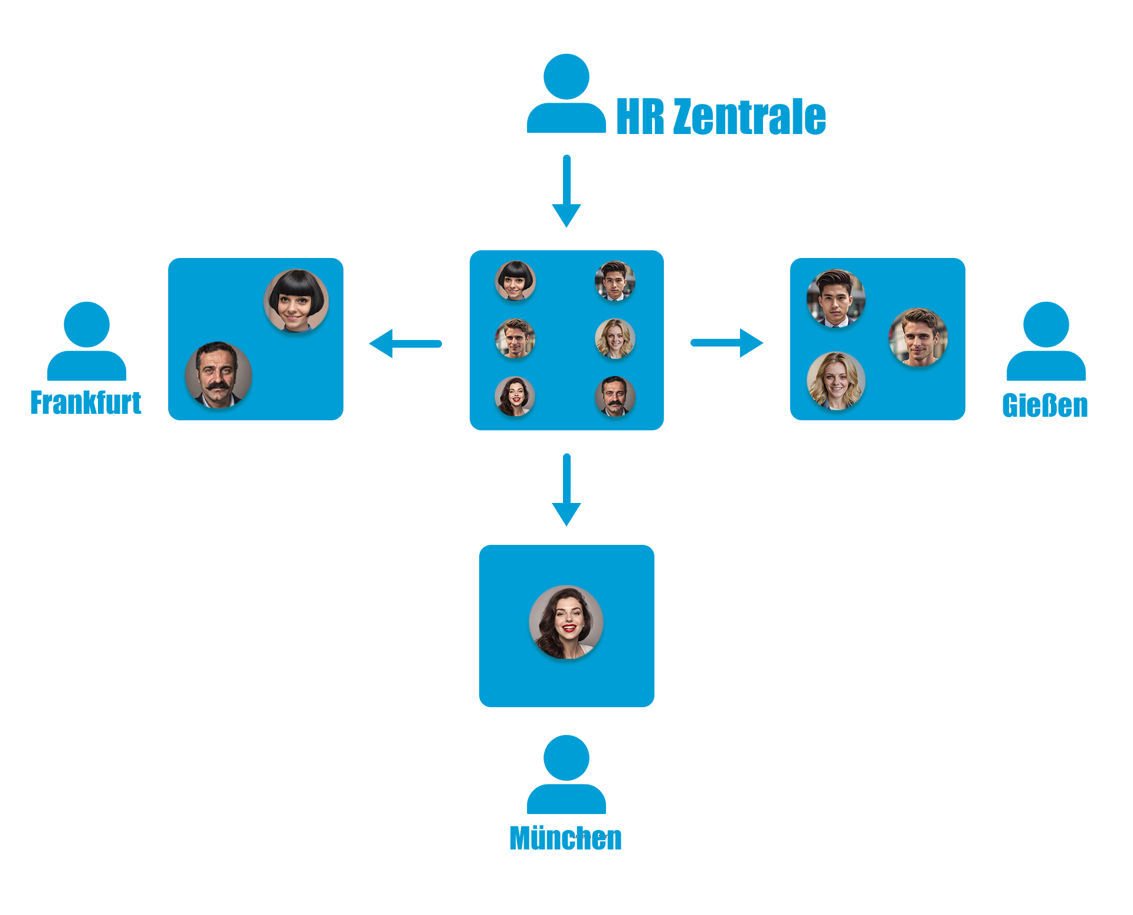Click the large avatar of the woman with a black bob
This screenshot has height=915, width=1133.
296,301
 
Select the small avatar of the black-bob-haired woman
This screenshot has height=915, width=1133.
515,280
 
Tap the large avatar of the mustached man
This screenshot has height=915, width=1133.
218,374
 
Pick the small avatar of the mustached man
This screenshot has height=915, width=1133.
615,396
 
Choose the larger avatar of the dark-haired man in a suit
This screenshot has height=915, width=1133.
836,298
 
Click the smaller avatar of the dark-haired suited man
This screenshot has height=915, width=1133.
615,280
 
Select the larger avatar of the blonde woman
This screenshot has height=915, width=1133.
836,381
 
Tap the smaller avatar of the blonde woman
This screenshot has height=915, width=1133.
615,338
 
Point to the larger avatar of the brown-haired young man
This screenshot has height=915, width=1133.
918,337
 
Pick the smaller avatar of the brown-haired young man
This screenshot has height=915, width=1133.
515,338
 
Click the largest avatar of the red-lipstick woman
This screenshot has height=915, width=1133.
566,622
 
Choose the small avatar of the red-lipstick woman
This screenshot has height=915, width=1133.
515,396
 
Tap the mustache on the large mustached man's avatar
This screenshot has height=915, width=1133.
218,385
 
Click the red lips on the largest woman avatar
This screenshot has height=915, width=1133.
569,628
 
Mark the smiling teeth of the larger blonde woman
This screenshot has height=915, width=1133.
837,391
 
